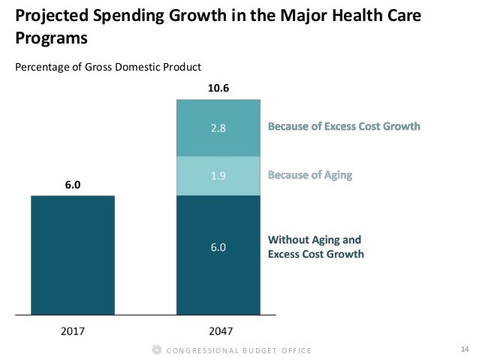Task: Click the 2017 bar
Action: tap(73, 254)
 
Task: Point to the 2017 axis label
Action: tap(73, 330)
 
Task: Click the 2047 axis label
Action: tap(218, 330)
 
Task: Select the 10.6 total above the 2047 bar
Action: tap(218, 88)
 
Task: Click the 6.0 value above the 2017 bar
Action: tap(73, 184)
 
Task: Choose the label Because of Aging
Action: tap(310, 176)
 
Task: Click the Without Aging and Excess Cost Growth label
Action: tap(316, 247)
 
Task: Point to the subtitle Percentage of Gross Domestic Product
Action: tap(108, 67)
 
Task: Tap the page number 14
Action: tap(463, 349)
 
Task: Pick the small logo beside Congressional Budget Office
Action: tap(156, 349)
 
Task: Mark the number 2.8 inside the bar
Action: tap(218, 127)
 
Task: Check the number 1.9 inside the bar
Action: tap(218, 176)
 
